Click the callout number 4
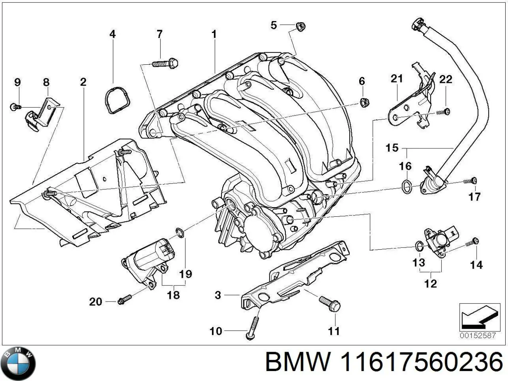(112, 34)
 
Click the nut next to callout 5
(300, 27)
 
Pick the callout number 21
(396, 79)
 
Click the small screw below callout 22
(443, 112)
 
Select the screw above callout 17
(471, 181)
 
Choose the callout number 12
(430, 283)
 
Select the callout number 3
(217, 295)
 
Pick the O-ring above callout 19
(179, 233)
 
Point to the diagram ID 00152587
(478, 335)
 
